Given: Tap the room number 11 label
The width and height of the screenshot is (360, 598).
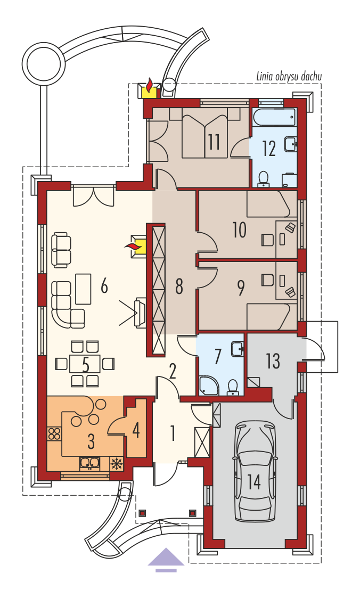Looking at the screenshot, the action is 214,142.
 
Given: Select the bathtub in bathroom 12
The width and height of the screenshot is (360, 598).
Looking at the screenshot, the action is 274,118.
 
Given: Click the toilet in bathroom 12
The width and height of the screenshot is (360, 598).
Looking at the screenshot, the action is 264,179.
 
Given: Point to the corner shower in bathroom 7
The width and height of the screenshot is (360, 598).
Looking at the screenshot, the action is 208,385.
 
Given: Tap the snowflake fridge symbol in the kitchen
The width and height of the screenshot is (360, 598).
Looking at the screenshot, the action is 116,463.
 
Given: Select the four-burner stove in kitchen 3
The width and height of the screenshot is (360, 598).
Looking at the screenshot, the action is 54,433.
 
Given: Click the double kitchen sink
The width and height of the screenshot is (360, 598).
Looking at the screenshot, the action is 89,463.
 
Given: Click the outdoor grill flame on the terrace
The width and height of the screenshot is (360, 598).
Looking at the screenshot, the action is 150,84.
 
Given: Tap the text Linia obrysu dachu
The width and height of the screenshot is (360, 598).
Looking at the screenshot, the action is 289,77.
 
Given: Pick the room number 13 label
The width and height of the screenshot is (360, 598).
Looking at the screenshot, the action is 273,361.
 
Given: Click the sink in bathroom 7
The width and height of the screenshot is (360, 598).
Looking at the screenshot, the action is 237,349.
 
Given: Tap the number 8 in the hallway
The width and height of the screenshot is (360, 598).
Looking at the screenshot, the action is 179,286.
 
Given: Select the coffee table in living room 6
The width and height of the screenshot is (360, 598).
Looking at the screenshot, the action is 83,289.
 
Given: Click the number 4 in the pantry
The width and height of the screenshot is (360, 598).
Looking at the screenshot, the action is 136,431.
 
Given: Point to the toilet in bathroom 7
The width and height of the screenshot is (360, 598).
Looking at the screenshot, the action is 232,387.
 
